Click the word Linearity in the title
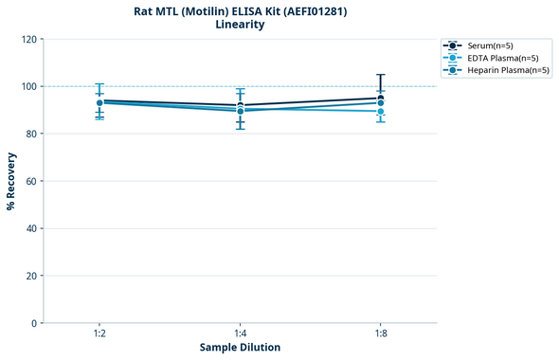240,25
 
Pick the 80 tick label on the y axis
30,134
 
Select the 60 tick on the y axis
30,181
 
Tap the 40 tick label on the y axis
30,228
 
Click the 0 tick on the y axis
33,323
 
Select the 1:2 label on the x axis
99,334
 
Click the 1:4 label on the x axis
240,334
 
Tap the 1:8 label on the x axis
380,334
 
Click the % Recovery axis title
11,180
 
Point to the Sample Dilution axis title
240,348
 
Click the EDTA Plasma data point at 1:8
380,112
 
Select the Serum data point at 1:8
380,99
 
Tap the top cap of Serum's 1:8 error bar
380,75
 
